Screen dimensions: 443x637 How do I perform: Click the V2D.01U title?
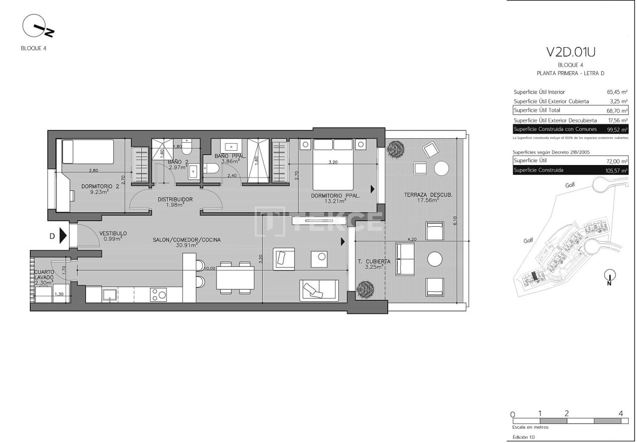[570, 52]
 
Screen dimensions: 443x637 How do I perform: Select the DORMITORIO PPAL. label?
[335, 195]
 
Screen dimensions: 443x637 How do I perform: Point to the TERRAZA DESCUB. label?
[428, 195]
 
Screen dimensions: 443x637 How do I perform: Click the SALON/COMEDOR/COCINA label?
[187, 240]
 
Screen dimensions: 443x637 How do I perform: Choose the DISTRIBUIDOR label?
[175, 199]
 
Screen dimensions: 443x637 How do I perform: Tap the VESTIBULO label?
[113, 233]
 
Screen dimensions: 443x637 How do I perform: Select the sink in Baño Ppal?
[231, 147]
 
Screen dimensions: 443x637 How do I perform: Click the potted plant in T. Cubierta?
[366, 288]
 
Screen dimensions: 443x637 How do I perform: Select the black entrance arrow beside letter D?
[63, 236]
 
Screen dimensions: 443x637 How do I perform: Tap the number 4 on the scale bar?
[621, 413]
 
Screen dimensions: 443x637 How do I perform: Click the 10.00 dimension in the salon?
[210, 268]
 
